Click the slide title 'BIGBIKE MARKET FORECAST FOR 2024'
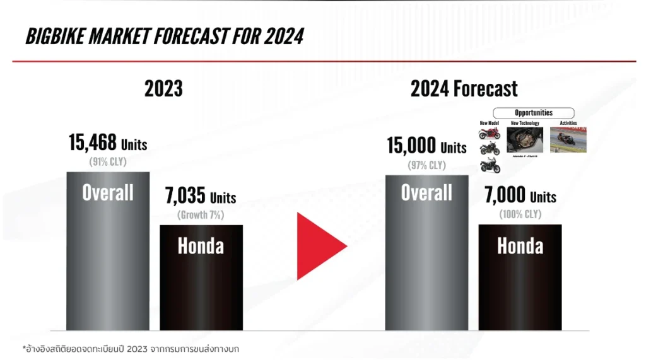click(164, 37)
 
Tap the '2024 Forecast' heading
click(464, 89)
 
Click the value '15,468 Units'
click(108, 143)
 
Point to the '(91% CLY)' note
click(108, 162)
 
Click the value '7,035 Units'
click(201, 197)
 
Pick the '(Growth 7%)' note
click(201, 214)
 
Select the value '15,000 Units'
click(426, 147)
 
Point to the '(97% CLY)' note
click(426, 165)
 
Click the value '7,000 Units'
click(520, 197)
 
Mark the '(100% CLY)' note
click(520, 214)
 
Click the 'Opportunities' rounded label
click(533, 113)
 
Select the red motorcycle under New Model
click(490, 134)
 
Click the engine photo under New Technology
click(524, 139)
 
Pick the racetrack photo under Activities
click(568, 139)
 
